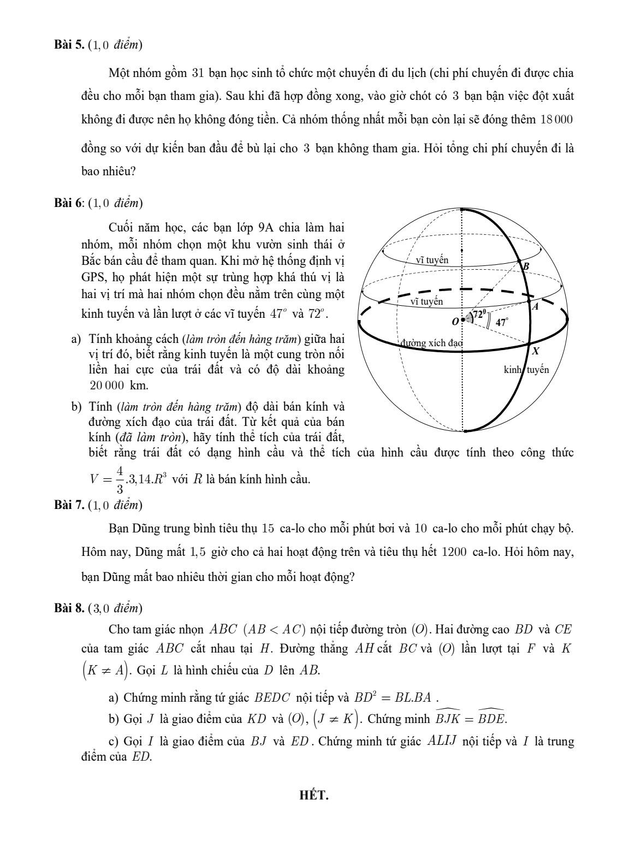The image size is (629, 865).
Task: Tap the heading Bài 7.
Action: (69, 505)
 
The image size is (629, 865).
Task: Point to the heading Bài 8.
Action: (69, 608)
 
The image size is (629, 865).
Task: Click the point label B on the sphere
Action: (526, 266)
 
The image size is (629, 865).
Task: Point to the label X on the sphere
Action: (536, 351)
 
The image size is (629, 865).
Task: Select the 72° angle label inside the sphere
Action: (479, 314)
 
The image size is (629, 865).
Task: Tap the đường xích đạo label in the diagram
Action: (431, 343)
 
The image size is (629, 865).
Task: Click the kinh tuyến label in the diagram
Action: (526, 370)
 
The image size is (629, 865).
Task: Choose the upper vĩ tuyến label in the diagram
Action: (432, 260)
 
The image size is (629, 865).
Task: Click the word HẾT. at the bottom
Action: (314, 795)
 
